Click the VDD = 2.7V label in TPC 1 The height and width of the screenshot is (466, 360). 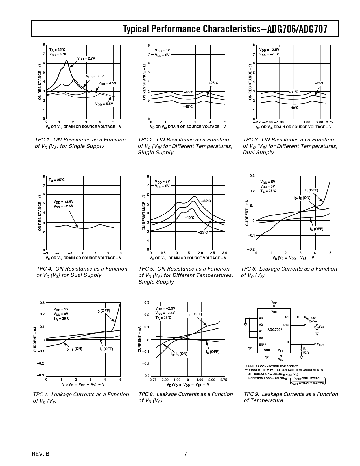(86, 58)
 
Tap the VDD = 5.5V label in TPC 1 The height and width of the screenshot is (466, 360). (104, 104)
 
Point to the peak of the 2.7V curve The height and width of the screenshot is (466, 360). (67, 60)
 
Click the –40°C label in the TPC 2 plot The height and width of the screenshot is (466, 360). (188, 107)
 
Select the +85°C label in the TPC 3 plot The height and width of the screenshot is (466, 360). (293, 92)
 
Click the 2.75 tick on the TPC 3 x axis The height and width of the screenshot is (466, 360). (329, 122)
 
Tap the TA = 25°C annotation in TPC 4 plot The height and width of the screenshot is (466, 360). (56, 180)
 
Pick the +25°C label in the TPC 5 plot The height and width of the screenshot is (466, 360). (203, 232)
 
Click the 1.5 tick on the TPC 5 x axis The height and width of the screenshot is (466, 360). (187, 253)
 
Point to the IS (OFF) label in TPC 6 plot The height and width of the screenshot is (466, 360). (316, 229)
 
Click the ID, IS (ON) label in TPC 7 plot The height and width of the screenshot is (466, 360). (74, 349)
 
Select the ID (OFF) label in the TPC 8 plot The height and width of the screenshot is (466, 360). (195, 314)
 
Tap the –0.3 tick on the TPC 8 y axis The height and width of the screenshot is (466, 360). (146, 376)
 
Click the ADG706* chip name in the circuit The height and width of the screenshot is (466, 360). (274, 330)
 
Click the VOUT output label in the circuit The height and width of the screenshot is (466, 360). (320, 345)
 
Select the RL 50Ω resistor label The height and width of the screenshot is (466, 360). (306, 350)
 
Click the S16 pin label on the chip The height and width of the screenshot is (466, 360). (286, 325)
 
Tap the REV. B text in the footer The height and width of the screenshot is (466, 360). (41, 454)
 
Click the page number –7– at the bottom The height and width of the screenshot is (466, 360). (185, 454)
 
